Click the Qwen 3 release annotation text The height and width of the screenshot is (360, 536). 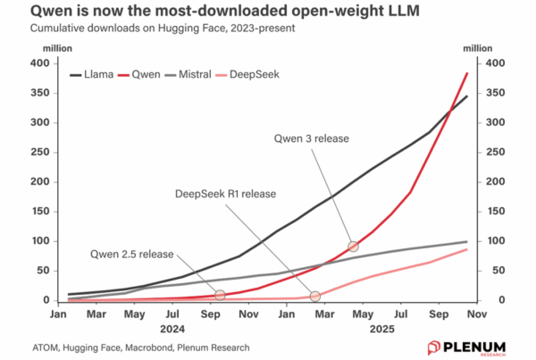coord(312,138)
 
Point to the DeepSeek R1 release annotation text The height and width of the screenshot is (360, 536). coord(224,193)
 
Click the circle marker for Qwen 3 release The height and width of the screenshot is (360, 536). coord(353,246)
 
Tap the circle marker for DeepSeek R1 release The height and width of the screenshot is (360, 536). coord(315,296)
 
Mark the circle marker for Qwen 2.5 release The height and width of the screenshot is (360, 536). coord(220,295)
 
